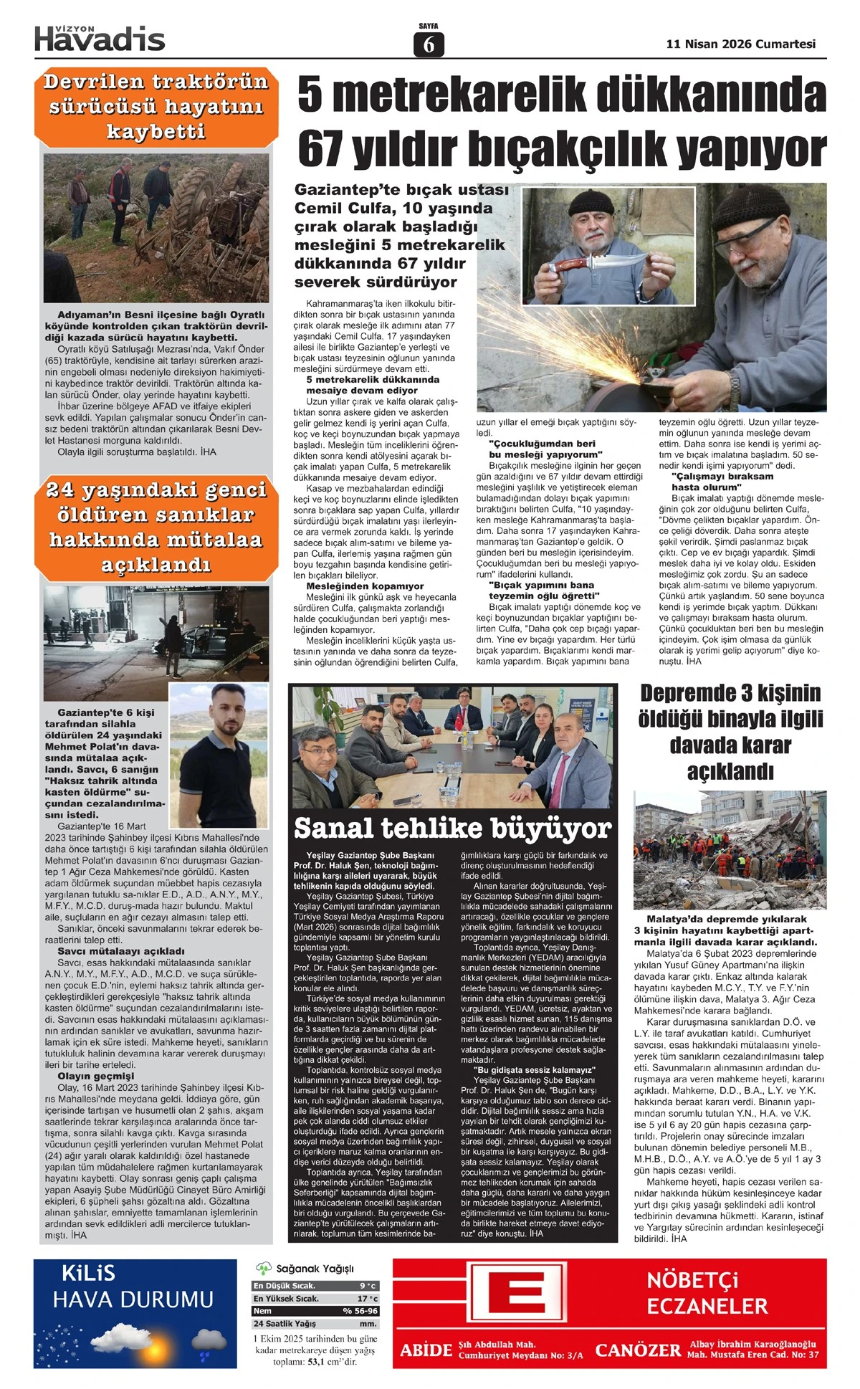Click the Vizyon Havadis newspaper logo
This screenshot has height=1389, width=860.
(x=100, y=38)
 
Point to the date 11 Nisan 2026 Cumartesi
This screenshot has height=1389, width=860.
(x=740, y=44)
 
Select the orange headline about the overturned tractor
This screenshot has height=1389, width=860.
(x=156, y=107)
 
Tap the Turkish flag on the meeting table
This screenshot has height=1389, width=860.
(x=457, y=720)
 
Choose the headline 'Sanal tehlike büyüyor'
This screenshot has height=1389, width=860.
(x=452, y=828)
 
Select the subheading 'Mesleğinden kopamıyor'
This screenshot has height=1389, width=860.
(x=365, y=586)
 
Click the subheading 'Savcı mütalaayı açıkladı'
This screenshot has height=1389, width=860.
(x=111, y=951)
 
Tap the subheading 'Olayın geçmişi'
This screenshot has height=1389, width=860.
(x=95, y=1076)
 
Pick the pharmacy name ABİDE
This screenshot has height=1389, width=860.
(x=426, y=1350)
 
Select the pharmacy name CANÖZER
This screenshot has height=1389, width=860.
(x=637, y=1350)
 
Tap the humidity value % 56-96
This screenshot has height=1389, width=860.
(x=360, y=1311)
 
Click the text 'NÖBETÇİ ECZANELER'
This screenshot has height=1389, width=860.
(x=707, y=1293)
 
